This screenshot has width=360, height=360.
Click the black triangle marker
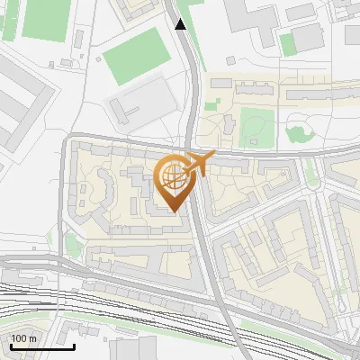(x=181, y=24)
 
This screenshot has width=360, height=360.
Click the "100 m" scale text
(x=23, y=337)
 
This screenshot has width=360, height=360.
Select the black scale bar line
(x=42, y=346)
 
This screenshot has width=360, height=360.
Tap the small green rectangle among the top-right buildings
(x=287, y=44)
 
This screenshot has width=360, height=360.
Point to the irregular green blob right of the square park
(x=298, y=133)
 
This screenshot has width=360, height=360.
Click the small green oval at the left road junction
(x=71, y=243)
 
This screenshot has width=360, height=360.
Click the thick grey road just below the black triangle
(x=188, y=63)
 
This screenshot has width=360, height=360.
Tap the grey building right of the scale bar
(x=126, y=349)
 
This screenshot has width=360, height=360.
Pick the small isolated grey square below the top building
(x=230, y=59)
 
